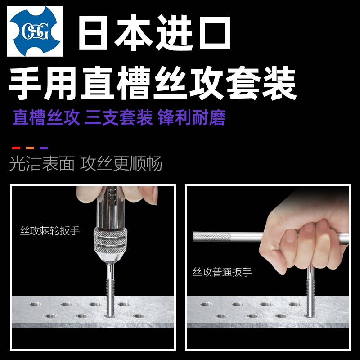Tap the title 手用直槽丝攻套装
click(x=153, y=84)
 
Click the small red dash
click(x=16, y=148)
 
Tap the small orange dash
click(x=30, y=148)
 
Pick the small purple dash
click(x=44, y=148)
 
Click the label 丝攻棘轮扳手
click(x=50, y=231)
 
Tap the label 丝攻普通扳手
click(x=222, y=272)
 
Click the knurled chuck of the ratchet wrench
click(x=110, y=243)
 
